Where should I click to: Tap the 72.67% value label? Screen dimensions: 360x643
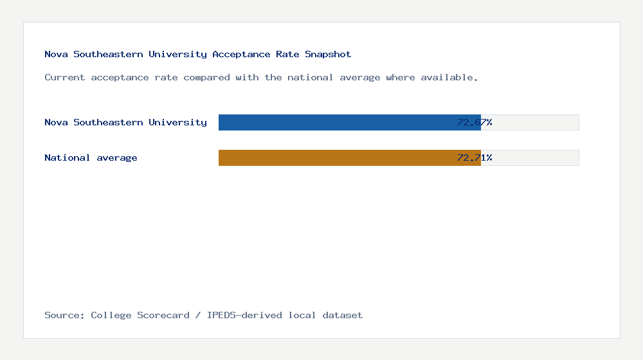475,122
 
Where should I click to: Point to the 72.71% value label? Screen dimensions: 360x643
475,157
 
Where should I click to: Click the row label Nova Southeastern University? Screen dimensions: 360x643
125,122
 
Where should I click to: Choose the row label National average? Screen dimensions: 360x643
91,157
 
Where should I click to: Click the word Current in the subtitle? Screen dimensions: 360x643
65,77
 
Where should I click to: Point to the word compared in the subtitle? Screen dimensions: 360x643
206,77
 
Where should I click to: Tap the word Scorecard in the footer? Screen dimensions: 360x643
163,315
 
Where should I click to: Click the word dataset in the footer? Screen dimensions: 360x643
343,315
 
